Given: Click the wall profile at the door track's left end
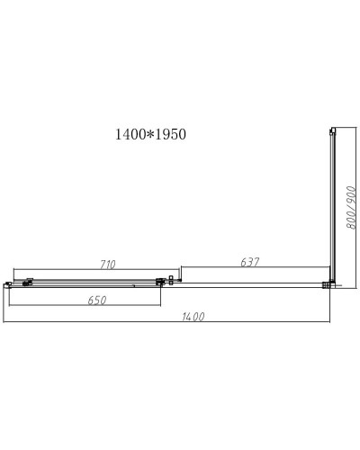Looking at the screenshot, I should pyautogui.click(x=7, y=283).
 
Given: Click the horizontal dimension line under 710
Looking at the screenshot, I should pyautogui.click(x=90, y=270).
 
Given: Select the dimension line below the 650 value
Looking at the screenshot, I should pyautogui.click(x=85, y=306).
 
